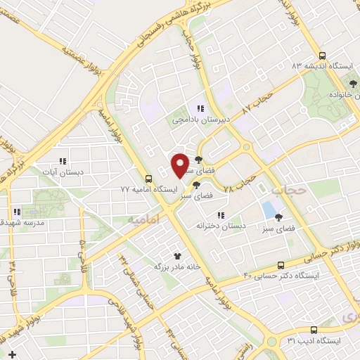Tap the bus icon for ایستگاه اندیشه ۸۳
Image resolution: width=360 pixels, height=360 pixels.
(x=322, y=56)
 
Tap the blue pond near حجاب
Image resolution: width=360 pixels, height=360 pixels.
(x=268, y=209)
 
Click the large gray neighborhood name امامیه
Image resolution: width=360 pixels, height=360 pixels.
(x=145, y=219)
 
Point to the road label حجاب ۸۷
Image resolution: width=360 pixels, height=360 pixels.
(x=256, y=101)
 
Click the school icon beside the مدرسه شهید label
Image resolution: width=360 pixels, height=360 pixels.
(x=15, y=211)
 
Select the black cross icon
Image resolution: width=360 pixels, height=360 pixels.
(x=12, y=352)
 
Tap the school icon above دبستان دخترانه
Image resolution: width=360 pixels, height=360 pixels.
(x=220, y=215)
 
